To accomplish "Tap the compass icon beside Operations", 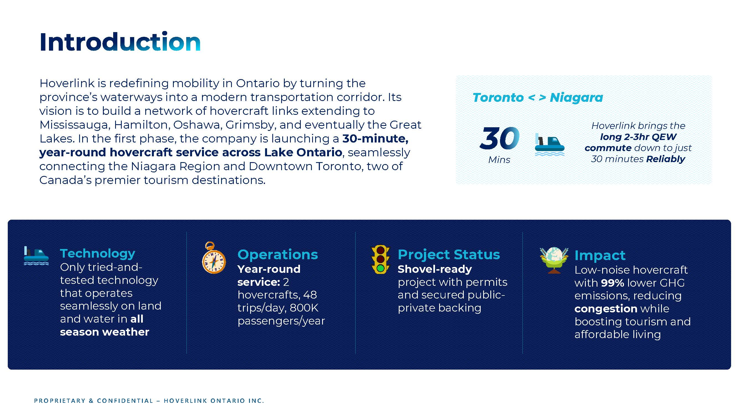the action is tap(214, 258).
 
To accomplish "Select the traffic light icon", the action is tap(380, 260).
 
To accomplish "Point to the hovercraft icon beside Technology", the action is tap(36, 256).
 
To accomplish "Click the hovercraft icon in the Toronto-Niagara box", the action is tap(550, 145).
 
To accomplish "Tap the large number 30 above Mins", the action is tap(499, 138).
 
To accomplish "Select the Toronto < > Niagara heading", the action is tap(537, 98).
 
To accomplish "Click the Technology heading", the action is tap(97, 253).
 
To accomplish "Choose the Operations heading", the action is tap(278, 255).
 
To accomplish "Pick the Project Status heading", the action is tap(449, 255).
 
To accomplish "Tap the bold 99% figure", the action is tap(613, 283).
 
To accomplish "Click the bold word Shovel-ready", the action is tap(435, 269).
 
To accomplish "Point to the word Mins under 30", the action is tap(499, 160).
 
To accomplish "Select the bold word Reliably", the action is tap(666, 159).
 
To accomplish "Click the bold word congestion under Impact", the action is tap(606, 309).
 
